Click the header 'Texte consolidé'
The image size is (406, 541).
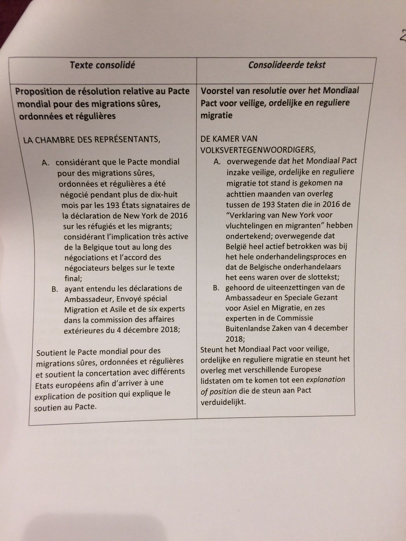(102, 65)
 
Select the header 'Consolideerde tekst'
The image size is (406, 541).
(287, 65)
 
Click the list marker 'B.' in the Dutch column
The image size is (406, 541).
(216, 288)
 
